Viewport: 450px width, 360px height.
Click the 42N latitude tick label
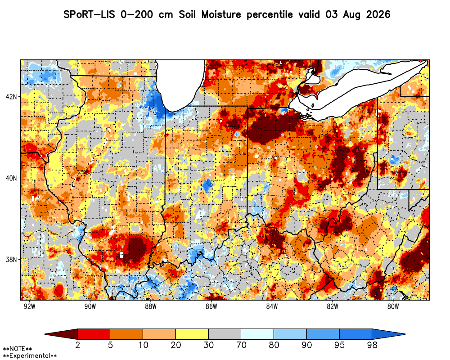pyautogui.click(x=11, y=96)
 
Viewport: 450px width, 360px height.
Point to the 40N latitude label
pyautogui.click(x=11, y=178)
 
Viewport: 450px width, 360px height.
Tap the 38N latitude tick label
pyautogui.click(x=11, y=260)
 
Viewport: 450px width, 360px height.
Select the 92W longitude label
pyautogui.click(x=30, y=306)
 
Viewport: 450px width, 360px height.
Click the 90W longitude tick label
pyautogui.click(x=90, y=306)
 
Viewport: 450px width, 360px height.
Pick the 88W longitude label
pyautogui.click(x=151, y=306)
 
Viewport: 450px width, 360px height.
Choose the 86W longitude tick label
pyautogui.click(x=211, y=306)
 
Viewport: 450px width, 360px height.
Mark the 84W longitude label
pyautogui.click(x=272, y=306)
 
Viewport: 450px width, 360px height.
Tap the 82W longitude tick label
pyautogui.click(x=333, y=306)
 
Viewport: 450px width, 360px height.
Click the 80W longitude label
pyautogui.click(x=393, y=306)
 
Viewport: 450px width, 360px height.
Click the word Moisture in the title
pyautogui.click(x=221, y=14)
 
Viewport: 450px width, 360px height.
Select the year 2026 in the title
pyautogui.click(x=378, y=14)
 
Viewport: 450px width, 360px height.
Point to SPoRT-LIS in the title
pyautogui.click(x=89, y=14)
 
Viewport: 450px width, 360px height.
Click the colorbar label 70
pyautogui.click(x=241, y=345)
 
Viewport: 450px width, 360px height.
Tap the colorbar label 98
pyautogui.click(x=372, y=345)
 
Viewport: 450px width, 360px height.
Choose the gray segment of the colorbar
pyautogui.click(x=225, y=334)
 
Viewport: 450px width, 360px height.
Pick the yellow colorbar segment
pyautogui.click(x=192, y=334)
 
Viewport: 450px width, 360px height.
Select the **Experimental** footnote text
pyautogui.click(x=30, y=356)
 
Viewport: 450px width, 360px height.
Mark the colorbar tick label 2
pyautogui.click(x=77, y=345)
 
